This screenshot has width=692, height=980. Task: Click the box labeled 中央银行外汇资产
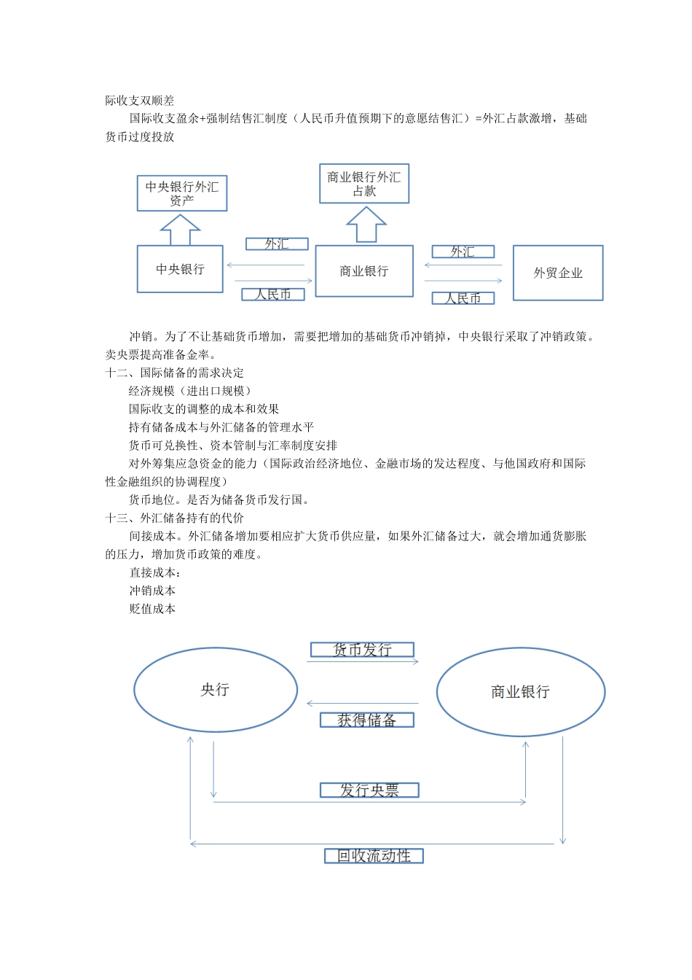click(182, 193)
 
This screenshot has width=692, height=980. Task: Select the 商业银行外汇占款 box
click(364, 184)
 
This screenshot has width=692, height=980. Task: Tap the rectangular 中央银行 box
click(180, 269)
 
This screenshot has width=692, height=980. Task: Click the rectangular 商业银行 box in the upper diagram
click(364, 271)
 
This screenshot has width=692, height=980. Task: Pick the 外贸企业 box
click(558, 273)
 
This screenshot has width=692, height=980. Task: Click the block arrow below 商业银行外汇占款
click(366, 225)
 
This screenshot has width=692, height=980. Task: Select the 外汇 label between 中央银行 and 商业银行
click(277, 244)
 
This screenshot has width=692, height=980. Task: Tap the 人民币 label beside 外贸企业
click(463, 298)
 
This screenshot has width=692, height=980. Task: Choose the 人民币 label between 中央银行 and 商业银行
click(273, 295)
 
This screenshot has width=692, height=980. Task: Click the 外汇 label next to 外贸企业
click(463, 252)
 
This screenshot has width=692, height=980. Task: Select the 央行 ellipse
click(216, 690)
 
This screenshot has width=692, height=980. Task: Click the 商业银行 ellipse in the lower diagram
click(521, 692)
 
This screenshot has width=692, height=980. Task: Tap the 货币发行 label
click(362, 650)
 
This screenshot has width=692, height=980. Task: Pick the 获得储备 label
click(367, 720)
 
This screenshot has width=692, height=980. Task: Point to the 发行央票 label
click(369, 790)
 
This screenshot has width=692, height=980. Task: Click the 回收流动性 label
click(374, 856)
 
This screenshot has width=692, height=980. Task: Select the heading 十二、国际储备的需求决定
click(175, 373)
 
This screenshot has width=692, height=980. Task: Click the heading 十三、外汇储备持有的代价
click(175, 518)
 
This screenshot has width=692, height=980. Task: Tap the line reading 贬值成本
click(152, 609)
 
